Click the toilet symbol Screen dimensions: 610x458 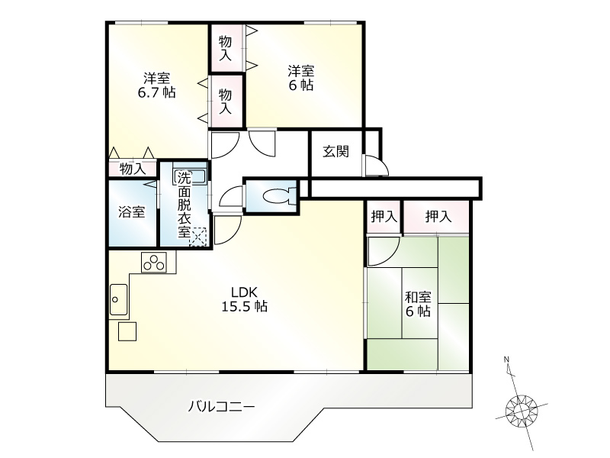tap(280, 195)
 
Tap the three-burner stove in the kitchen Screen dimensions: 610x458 tap(154, 262)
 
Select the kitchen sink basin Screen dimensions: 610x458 tap(118, 299)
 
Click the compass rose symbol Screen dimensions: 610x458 tap(521, 410)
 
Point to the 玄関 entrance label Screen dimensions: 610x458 tap(335, 151)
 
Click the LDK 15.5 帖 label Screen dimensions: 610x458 tap(244, 299)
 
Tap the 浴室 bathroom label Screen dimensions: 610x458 tap(132, 212)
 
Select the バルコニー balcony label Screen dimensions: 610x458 tap(221, 408)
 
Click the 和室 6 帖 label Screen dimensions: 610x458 tap(418, 304)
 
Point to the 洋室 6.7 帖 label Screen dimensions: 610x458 tap(157, 85)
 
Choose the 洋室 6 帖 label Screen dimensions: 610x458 tap(301, 78)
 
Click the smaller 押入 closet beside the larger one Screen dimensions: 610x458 tap(384, 217)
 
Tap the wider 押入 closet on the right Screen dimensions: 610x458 tap(436, 217)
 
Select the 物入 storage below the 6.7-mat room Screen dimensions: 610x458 tap(132, 169)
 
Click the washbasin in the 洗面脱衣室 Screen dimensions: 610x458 tap(190, 176)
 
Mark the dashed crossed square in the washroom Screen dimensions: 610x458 tap(198, 237)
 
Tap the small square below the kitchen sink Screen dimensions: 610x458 tap(127, 331)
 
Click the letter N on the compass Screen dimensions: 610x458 tap(506, 359)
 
